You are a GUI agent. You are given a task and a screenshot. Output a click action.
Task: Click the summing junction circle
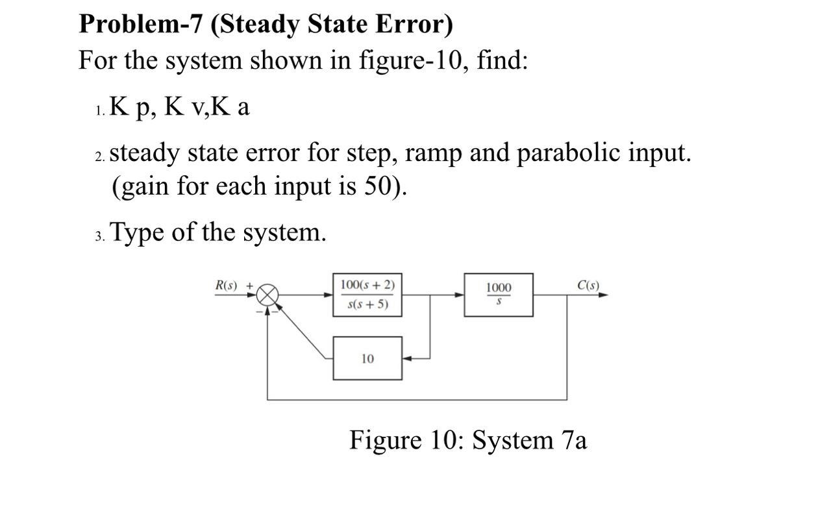pyautogui.click(x=267, y=295)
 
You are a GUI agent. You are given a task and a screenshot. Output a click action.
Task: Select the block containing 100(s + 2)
pyautogui.click(x=367, y=295)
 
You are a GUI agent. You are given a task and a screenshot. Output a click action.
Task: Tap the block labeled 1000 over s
pyautogui.click(x=498, y=295)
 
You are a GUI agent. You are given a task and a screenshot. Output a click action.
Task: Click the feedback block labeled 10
pyautogui.click(x=367, y=358)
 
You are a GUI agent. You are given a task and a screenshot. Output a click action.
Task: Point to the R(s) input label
pyautogui.click(x=227, y=286)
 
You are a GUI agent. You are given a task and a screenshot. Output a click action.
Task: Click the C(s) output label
pyautogui.click(x=588, y=286)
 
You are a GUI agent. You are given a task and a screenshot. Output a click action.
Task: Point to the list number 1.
pyautogui.click(x=98, y=110)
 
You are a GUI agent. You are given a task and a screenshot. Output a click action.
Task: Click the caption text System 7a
pyautogui.click(x=529, y=440)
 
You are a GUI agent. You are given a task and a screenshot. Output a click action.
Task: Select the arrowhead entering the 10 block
pyautogui.click(x=406, y=358)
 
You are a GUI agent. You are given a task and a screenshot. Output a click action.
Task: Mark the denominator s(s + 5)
pyautogui.click(x=367, y=304)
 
